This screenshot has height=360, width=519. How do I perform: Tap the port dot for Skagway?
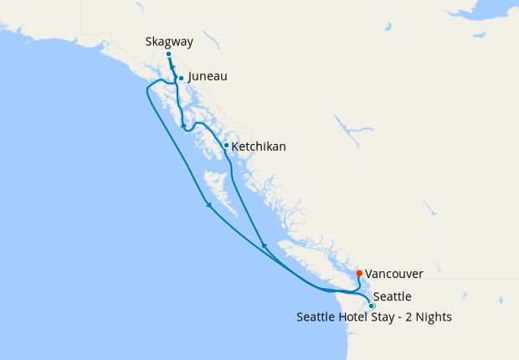168,54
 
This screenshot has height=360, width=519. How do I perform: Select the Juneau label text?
208,76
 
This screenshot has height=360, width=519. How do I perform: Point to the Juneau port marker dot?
181,79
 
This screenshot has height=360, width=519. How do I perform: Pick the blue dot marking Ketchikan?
226,146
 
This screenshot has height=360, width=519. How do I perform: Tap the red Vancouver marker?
359,273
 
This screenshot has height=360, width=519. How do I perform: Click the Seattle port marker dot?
372,306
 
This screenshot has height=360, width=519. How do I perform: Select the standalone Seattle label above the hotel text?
392,296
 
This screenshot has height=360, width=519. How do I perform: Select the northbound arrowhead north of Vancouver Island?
265,245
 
